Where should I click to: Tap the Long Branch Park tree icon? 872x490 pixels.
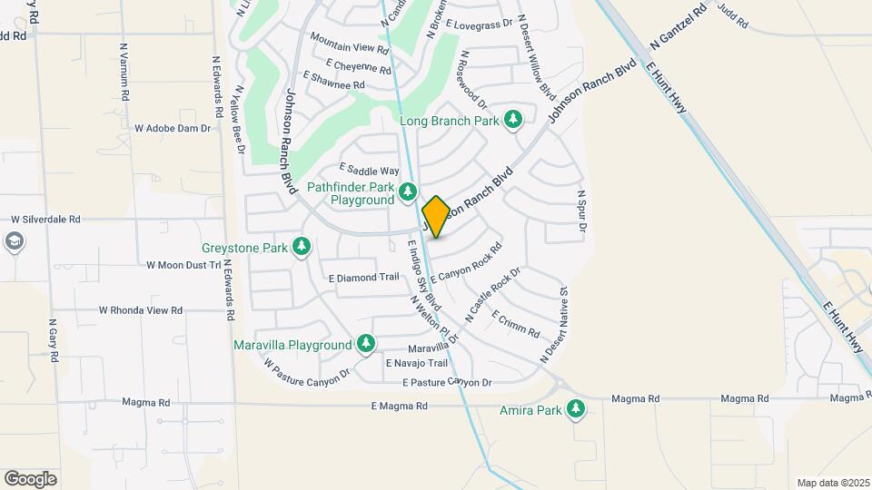pos(513,120)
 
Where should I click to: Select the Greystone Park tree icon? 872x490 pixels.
pos(302,247)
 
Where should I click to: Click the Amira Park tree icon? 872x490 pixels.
pos(575,410)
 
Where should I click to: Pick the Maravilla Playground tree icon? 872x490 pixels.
pos(366,344)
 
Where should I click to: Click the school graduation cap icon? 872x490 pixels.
pos(14,241)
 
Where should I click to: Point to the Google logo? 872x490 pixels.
pos(30,478)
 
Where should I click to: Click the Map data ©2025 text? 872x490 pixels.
pos(832,483)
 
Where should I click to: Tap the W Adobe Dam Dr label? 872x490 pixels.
pos(173,128)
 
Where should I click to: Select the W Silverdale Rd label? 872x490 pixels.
pos(45,220)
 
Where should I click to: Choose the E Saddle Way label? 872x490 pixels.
pos(369,170)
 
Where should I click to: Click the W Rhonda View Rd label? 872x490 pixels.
pos(141,309)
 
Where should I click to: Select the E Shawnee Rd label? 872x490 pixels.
pos(333,84)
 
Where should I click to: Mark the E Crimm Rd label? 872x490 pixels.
pos(516,323)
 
